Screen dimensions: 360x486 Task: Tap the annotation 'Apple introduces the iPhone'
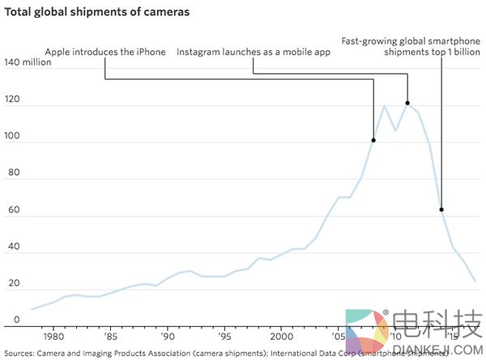[105, 52]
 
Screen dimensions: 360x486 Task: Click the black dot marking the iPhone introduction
[373, 140]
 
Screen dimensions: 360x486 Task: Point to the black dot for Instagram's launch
[407, 103]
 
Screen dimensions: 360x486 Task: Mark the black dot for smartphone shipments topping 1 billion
[441, 209]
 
